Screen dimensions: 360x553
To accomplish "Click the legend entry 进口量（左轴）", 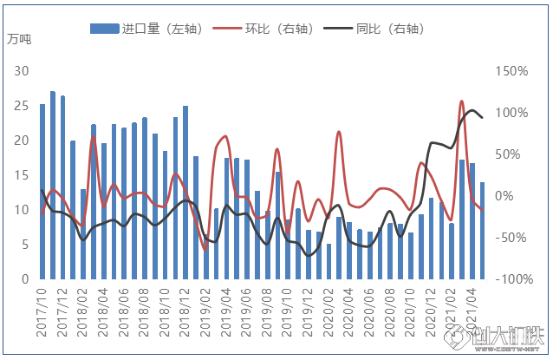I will point(146,29).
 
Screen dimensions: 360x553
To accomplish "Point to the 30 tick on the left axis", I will point(22,71).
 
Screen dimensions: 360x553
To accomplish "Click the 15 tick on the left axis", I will point(22,175).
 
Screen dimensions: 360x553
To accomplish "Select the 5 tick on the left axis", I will point(25,245).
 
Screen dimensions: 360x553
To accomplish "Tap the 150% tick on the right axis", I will point(511,71).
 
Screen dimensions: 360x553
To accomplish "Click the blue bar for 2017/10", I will point(42,192).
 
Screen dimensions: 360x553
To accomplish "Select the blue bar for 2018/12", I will point(185,193).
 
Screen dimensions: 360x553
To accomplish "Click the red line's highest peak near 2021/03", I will point(462,101).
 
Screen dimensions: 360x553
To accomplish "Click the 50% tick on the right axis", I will point(508,154).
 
